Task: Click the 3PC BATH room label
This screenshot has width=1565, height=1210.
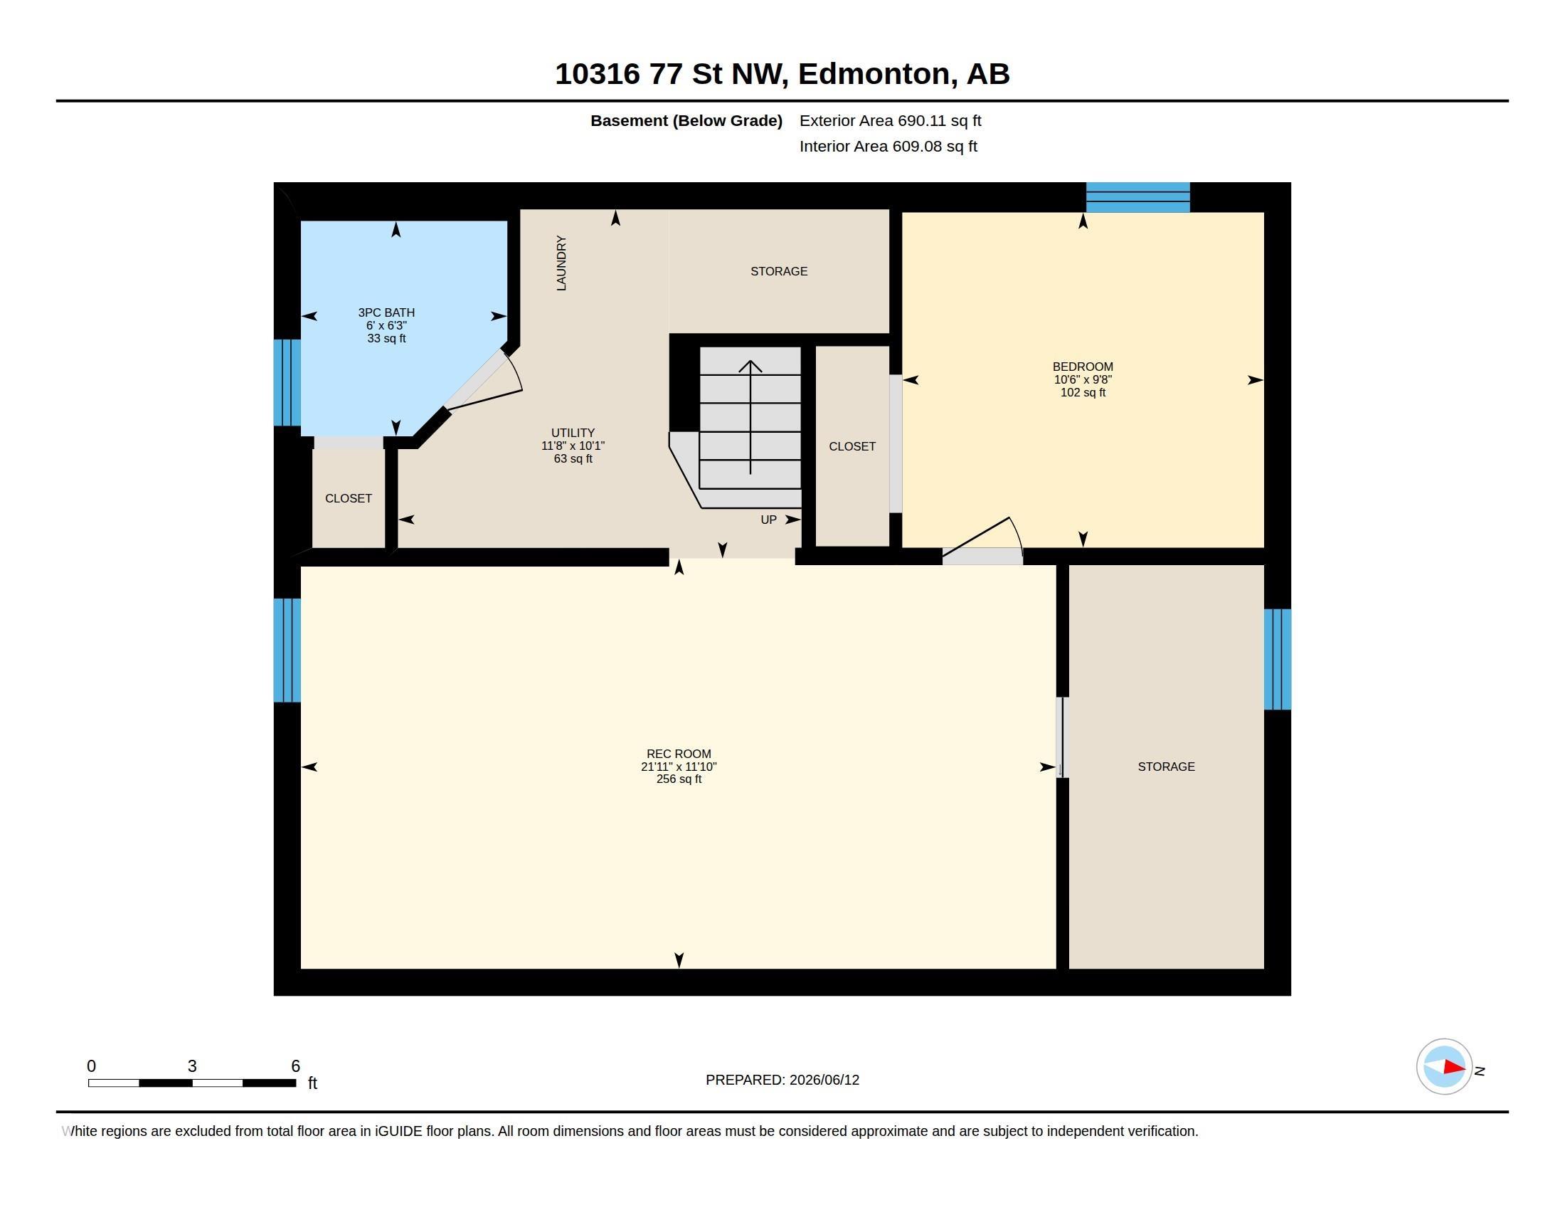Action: pos(386,312)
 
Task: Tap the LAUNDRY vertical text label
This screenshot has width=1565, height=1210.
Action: pos(561,263)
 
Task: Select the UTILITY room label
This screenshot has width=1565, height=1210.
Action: pos(573,433)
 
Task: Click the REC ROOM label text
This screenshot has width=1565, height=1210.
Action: pos(679,754)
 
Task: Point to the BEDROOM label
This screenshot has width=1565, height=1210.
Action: pos(1083,367)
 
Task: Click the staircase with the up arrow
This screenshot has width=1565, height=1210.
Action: pos(750,427)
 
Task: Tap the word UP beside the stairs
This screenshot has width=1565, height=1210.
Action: pos(768,520)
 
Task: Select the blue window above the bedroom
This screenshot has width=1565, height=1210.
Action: pos(1138,197)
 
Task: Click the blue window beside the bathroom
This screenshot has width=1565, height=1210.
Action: pos(287,383)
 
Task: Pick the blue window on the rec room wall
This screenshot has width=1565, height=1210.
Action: pos(287,650)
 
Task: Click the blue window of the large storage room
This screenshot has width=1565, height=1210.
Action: pos(1277,660)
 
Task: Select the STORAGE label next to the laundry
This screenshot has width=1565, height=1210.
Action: pos(779,272)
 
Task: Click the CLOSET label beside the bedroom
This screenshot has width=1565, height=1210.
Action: pos(852,446)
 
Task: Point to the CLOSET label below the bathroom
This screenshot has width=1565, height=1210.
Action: pos(349,499)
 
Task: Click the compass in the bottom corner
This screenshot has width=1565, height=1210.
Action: pos(1444,1067)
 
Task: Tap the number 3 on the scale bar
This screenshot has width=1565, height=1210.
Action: pos(192,1066)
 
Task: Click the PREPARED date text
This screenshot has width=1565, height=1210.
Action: pos(782,1080)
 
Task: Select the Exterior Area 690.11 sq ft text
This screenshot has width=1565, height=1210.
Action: pos(891,121)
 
